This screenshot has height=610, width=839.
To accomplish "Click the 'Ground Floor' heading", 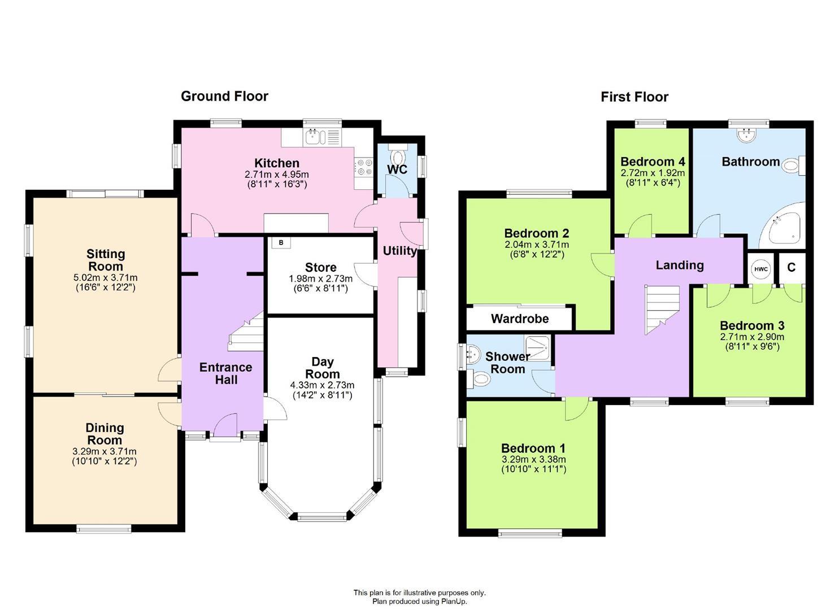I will (x=224, y=96).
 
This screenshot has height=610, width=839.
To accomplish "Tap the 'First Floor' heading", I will (x=634, y=97).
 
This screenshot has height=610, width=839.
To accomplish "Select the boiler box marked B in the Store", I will (x=281, y=243).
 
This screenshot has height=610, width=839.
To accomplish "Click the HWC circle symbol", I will (x=760, y=269).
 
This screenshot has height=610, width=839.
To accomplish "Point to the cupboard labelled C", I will (x=792, y=268).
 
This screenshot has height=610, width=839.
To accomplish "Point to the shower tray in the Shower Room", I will (x=537, y=347).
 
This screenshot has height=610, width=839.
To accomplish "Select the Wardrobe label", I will (x=519, y=319).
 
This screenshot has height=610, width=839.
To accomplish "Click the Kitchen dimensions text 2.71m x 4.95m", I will (x=277, y=175).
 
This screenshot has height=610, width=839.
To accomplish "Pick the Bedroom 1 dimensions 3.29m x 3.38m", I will (x=533, y=460).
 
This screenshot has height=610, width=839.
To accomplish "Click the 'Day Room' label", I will (x=323, y=368).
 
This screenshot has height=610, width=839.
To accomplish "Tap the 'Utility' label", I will (x=399, y=251).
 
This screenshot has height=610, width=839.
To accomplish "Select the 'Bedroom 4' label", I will (x=653, y=162).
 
